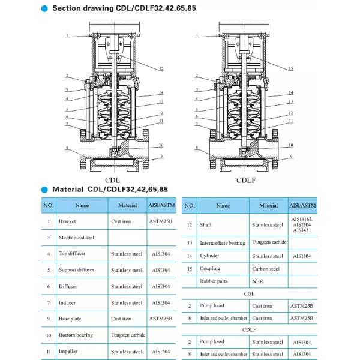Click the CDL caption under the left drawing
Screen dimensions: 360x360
pyautogui.click(x=112, y=179)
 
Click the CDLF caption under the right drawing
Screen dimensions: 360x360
pyautogui.click(x=245, y=179)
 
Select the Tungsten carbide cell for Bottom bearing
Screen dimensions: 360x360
pyautogui.click(x=127, y=335)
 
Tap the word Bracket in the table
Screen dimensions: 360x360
pyautogui.click(x=67, y=221)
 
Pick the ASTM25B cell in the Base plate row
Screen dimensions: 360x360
pyautogui.click(x=160, y=319)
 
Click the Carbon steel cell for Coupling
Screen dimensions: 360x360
pyautogui.click(x=266, y=269)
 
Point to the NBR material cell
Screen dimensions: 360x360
pyautogui.click(x=258, y=281)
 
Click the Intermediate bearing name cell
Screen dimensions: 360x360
pyautogui.click(x=223, y=243)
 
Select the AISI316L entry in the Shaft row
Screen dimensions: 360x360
pyautogui.click(x=302, y=219)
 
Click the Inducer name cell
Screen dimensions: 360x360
pyautogui.click(x=67, y=302)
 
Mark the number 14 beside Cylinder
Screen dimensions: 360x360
pyautogui.click(x=189, y=256)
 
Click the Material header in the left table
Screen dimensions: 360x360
pyautogui.click(x=127, y=205)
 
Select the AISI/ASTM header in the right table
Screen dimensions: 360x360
pyautogui.click(x=302, y=205)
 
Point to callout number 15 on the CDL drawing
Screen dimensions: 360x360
pyautogui.click(x=161, y=69)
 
